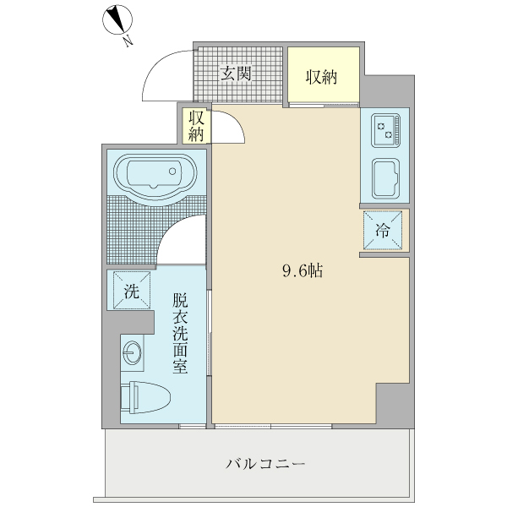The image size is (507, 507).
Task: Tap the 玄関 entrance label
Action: tap(237, 74)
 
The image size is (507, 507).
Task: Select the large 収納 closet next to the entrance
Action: tap(322, 77)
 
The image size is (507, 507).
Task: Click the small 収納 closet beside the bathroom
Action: tap(196, 125)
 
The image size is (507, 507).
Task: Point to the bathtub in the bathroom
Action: tap(155, 177)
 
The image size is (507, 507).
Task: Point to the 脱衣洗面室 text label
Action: tap(179, 334)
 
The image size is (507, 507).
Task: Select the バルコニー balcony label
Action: tap(264, 464)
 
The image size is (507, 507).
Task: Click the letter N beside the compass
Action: tap(126, 39)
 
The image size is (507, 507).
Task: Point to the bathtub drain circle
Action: tap(174, 172)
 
